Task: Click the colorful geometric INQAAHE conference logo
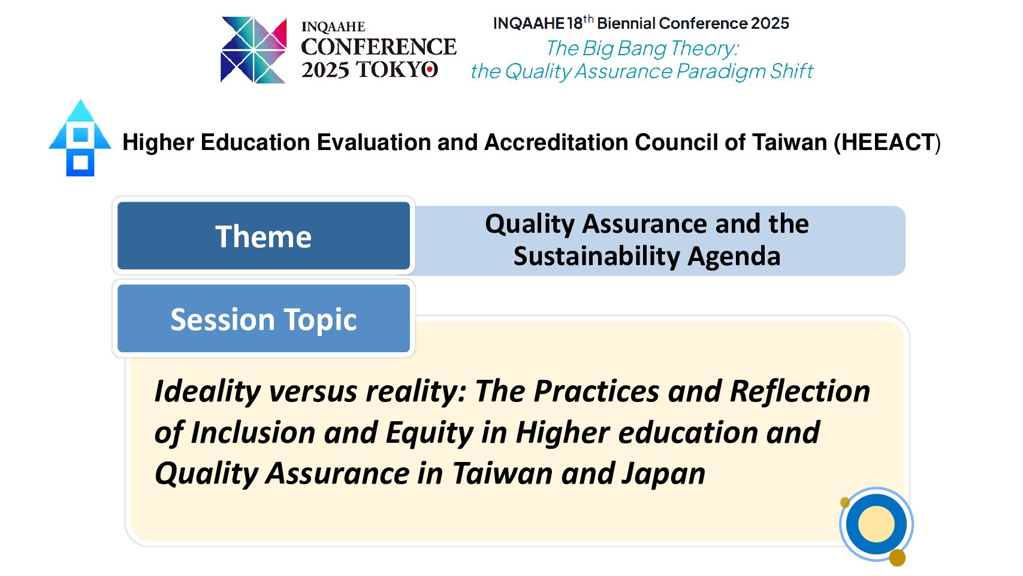pos(254,50)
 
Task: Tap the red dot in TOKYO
pos(430,70)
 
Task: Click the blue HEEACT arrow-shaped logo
pos(80,137)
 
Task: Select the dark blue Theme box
pos(264,236)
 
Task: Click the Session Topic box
pos(264,319)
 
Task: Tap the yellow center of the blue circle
pos(876,524)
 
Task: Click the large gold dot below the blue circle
pos(897,558)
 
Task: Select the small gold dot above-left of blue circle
pos(845,502)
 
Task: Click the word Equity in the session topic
pos(429,433)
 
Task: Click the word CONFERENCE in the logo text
pos(379,47)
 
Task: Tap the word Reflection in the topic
pos(799,392)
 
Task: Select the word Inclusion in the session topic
pos(253,433)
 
